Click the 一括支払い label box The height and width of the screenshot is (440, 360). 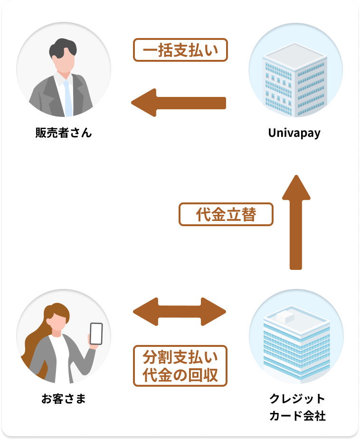point(180,50)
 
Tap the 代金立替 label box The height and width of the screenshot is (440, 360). point(226,214)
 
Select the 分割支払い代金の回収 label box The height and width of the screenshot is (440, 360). point(180,365)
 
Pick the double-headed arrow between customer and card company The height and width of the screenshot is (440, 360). point(180,312)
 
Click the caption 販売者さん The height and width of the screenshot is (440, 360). point(64,133)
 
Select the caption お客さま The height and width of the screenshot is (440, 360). point(64,398)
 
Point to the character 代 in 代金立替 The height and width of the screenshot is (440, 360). point(203,215)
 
